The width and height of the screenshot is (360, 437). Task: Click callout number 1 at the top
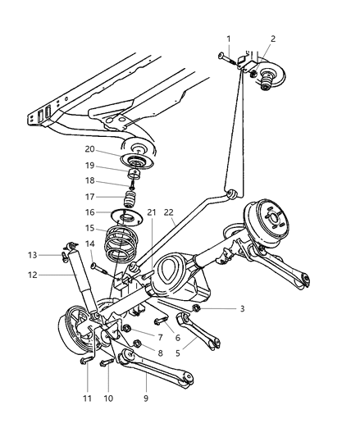click(x=229, y=39)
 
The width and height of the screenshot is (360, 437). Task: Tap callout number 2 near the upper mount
click(x=272, y=39)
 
